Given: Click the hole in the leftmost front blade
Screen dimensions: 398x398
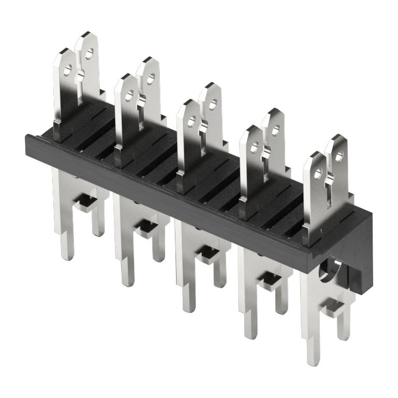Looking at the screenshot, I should [67, 72].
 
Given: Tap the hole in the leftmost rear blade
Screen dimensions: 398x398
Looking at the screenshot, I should [90, 53].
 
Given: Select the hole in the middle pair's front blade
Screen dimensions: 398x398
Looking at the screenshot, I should [191, 122].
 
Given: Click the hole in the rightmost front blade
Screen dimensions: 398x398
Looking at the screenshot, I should [317, 173].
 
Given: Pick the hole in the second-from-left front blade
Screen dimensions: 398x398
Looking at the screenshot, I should [129, 96].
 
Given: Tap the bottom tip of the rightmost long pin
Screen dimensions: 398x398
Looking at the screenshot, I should [312, 360].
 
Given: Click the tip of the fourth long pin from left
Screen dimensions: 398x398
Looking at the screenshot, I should [250, 335].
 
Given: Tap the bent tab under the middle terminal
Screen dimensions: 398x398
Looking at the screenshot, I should [208, 254].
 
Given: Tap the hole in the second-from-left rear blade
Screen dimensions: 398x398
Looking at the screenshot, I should [151, 79].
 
